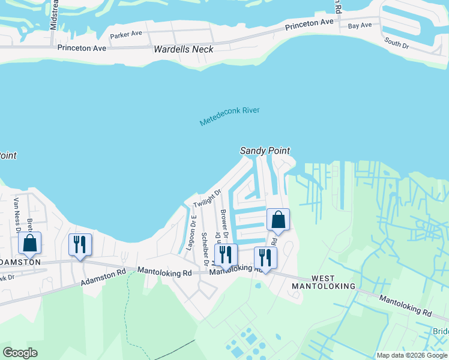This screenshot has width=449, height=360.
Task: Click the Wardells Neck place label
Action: pos(183,49)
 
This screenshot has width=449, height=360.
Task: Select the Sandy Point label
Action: pos(265,151)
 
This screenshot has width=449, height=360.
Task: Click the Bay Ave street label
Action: pos(360,25)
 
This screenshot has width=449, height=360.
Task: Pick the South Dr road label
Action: pos(396,43)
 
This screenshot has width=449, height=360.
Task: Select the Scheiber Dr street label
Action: pos(205,248)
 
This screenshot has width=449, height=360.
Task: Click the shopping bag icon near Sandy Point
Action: pos(278,220)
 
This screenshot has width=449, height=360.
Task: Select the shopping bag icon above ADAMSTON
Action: pos(29,244)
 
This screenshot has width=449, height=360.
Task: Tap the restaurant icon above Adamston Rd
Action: pos(80,245)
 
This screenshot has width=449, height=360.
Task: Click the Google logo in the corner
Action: pos(20,353)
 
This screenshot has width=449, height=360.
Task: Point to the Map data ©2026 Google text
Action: pos(412,355)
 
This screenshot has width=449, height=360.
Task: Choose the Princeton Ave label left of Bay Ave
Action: pos(309,25)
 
